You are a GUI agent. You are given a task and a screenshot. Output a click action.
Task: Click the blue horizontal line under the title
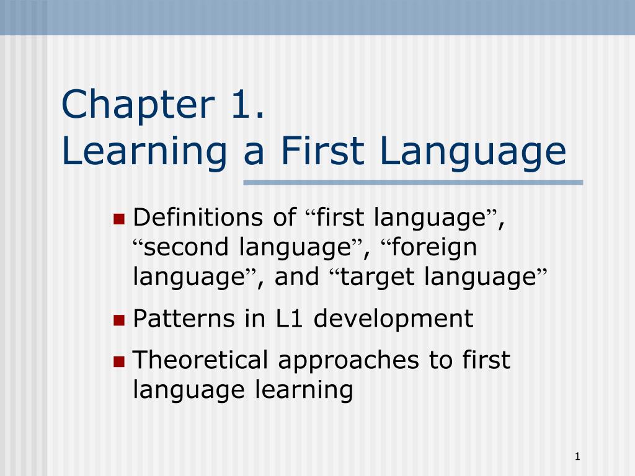click(413, 182)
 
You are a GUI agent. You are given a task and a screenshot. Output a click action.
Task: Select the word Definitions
click(198, 218)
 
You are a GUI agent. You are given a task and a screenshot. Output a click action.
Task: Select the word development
click(393, 320)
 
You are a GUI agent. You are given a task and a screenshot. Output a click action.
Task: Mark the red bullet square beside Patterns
click(119, 320)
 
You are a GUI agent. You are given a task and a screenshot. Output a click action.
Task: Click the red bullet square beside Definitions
click(119, 218)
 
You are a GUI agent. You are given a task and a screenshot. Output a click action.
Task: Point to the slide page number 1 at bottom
click(577, 457)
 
